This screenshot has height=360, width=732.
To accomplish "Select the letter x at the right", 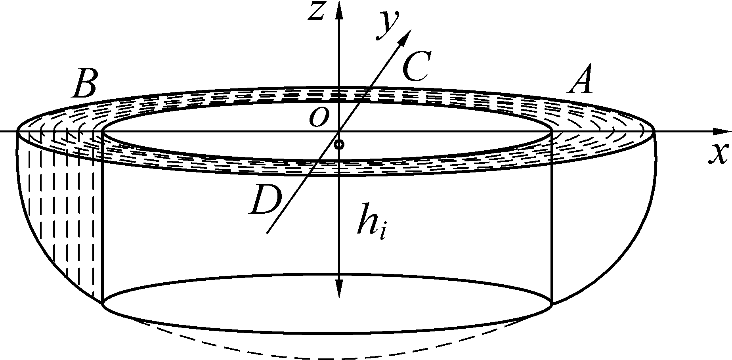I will coord(718,154).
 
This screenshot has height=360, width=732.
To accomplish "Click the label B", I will coord(84,84).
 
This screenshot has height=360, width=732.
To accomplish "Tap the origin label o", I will coord(319,117).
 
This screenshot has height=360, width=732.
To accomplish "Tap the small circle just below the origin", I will coord(339,144).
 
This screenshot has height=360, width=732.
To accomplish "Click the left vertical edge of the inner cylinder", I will coord(103,218).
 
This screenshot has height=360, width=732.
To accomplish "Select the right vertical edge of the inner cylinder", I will coord(552,218).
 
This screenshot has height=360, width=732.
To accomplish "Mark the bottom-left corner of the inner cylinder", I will coord(103,304).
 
